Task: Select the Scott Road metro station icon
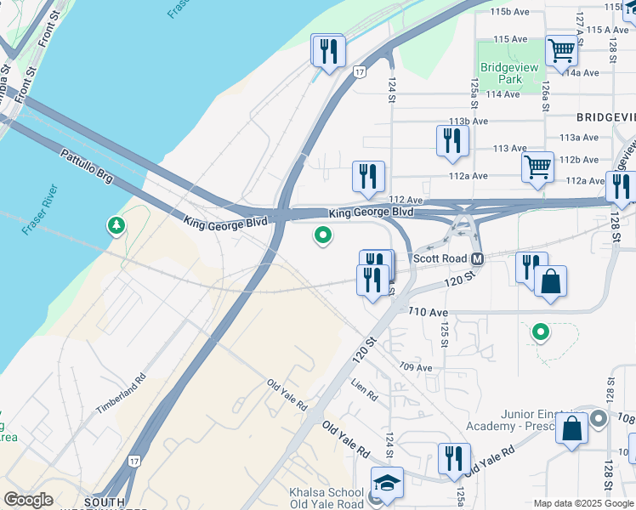point(477,258)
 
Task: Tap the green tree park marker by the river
point(115,226)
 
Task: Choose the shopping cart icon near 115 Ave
point(561,49)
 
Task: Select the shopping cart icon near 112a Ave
point(537,167)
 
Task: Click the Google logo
point(28,500)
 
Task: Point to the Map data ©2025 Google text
point(582,503)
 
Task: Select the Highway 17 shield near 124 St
point(361,73)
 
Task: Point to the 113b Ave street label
point(468,122)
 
